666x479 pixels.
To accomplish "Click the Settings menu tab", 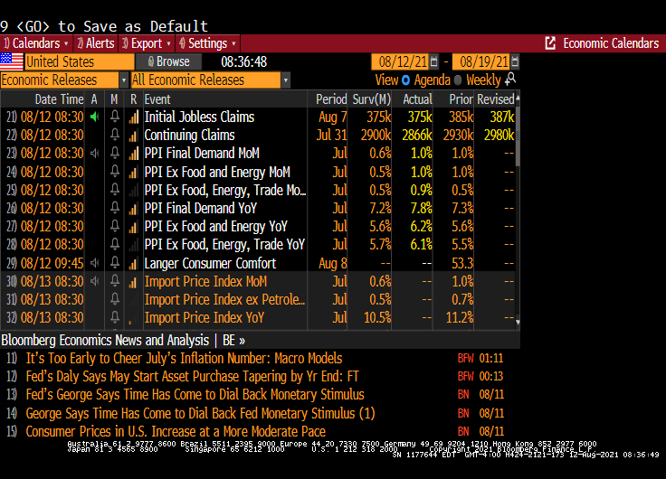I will [x=207, y=43].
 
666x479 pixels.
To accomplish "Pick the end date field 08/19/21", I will [x=483, y=61].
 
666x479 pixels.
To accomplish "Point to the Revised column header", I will [x=495, y=99].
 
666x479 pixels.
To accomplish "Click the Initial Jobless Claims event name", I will [x=199, y=117].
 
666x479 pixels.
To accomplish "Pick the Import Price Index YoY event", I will [x=205, y=318].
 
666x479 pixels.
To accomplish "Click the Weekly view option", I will [x=483, y=80].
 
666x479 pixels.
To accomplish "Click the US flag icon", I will [x=12, y=61].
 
